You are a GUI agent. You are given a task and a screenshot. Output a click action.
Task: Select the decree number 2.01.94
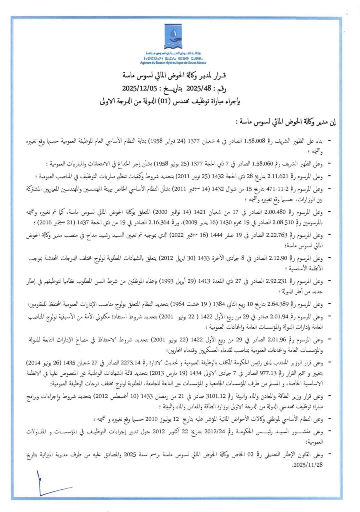(x=290, y=316)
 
